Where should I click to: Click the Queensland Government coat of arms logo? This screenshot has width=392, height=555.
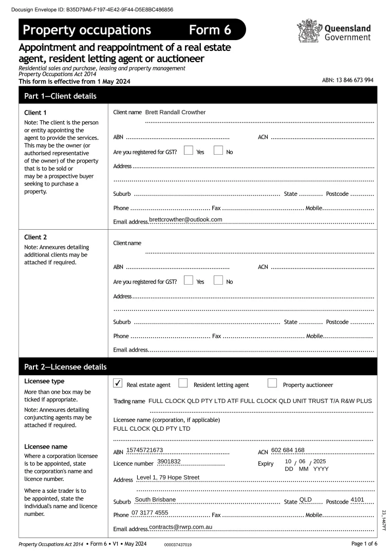pyautogui.click(x=309, y=30)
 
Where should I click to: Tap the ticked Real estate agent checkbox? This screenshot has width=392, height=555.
pyautogui.click(x=117, y=383)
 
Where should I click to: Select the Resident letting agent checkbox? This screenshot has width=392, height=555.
pyautogui.click(x=183, y=383)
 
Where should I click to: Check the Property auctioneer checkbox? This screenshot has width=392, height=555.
pyautogui.click(x=272, y=383)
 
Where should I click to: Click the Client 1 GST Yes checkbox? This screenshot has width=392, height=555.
pyautogui.click(x=188, y=151)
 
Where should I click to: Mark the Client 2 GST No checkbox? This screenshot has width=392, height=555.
pyautogui.click(x=218, y=281)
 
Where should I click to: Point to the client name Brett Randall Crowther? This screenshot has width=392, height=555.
pyautogui.click(x=175, y=112)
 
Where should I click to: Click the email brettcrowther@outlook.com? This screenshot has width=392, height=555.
pyautogui.click(x=185, y=219)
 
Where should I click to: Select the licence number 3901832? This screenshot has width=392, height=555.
pyautogui.click(x=169, y=461)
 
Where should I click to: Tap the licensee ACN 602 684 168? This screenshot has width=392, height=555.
pyautogui.click(x=288, y=450)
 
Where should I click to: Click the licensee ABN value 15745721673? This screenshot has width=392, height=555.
pyautogui.click(x=144, y=450)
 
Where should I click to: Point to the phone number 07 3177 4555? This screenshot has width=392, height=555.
pyautogui.click(x=150, y=513)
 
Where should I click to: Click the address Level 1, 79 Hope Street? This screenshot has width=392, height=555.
pyautogui.click(x=168, y=477)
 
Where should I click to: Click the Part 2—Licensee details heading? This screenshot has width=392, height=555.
pyautogui.click(x=65, y=367)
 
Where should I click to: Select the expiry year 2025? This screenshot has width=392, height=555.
pyautogui.click(x=320, y=461)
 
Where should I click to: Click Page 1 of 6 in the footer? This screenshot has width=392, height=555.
pyautogui.click(x=364, y=544)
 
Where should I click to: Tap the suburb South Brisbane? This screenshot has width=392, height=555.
pyautogui.click(x=155, y=499)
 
